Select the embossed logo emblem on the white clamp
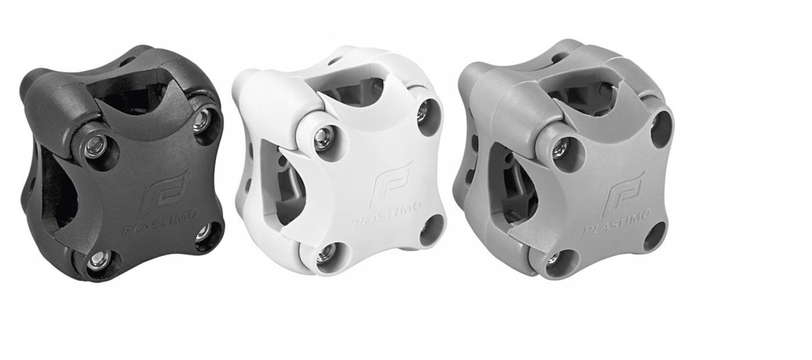(x=393, y=185)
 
